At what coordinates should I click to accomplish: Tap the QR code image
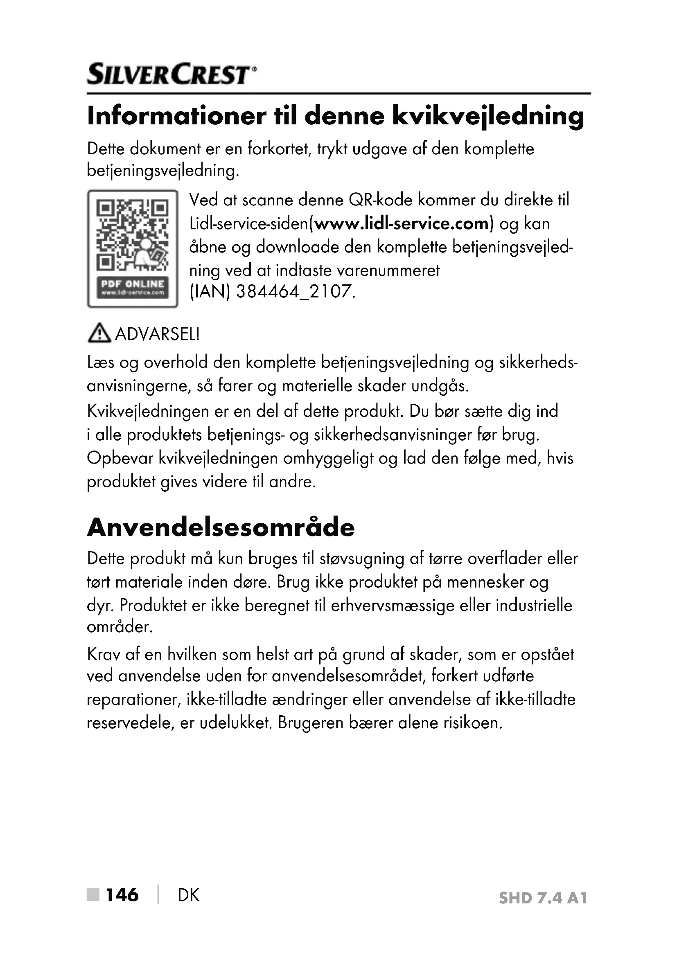pos(133,236)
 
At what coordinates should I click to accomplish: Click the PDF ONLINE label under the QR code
pos(133,287)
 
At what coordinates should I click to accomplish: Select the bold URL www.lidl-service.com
pos(402,224)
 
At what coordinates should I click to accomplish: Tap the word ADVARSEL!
pos(157,334)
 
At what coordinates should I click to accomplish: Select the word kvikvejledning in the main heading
pos(488,117)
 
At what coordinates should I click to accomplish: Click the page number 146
pos(122,894)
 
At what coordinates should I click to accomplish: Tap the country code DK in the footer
pos(188,895)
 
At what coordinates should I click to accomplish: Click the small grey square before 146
pos(93,894)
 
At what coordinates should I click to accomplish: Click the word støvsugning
pos(361,559)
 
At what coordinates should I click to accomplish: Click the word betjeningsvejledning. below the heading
pos(163,171)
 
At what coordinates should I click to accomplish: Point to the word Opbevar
pos(120,459)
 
